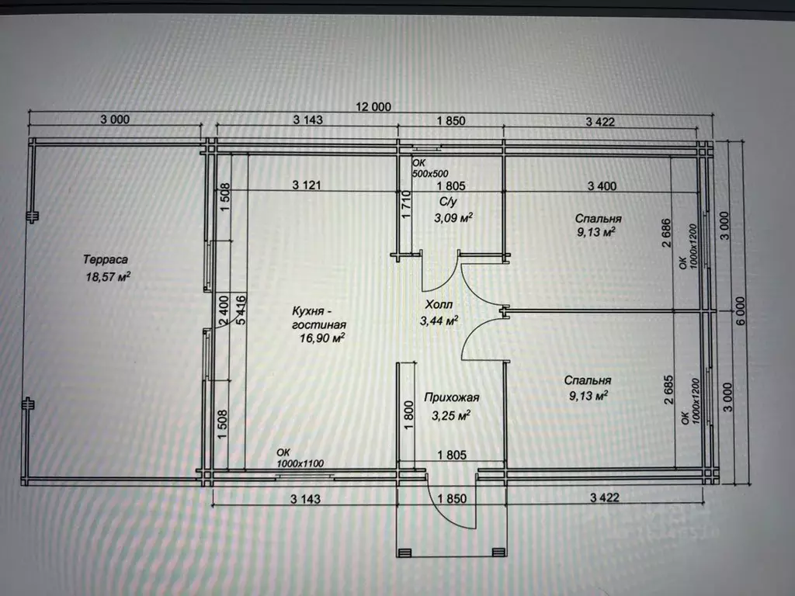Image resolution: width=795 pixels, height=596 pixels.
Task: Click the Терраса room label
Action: (106, 259)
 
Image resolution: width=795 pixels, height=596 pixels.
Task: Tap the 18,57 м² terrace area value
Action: (108, 277)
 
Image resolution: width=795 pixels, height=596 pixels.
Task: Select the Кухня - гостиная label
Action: (319, 317)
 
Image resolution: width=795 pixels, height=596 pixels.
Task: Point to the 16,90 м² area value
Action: (322, 338)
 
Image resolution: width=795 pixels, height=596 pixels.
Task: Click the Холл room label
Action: (439, 304)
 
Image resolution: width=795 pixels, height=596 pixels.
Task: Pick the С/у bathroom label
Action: (448, 202)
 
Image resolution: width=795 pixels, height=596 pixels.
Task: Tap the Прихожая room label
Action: (451, 398)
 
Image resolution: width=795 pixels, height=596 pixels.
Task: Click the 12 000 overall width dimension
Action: (373, 107)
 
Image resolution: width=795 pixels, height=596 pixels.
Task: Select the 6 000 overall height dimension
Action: (741, 310)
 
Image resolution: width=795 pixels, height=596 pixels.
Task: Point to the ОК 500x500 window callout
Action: (430, 168)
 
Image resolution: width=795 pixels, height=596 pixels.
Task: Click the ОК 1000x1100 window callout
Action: (300, 458)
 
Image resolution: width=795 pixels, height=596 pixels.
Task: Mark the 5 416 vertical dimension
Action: (241, 310)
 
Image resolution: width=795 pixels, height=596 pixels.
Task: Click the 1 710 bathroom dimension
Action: (405, 205)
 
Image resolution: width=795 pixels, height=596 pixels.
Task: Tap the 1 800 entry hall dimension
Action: (410, 415)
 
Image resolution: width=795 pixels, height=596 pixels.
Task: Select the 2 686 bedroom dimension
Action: (666, 233)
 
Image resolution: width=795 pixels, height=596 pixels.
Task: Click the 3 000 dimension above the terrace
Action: (115, 120)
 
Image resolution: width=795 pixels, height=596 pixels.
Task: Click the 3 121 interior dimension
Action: (307, 185)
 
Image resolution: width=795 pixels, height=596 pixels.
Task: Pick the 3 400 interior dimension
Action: (602, 186)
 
